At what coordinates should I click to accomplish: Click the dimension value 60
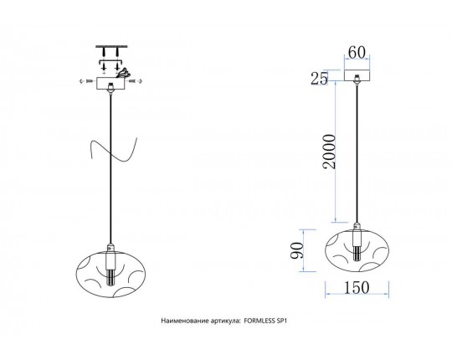click(x=357, y=52)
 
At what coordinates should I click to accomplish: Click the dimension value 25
click(x=319, y=78)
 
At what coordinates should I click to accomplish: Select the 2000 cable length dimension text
click(x=330, y=152)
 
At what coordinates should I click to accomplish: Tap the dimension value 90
click(x=297, y=251)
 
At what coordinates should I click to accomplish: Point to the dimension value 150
click(x=357, y=287)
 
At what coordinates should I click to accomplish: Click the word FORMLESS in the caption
click(x=259, y=321)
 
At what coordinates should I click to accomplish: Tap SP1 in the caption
click(x=281, y=321)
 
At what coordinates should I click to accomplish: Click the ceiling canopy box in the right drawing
click(x=357, y=75)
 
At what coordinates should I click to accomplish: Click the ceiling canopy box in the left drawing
click(x=110, y=83)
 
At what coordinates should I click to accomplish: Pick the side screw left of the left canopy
click(x=85, y=81)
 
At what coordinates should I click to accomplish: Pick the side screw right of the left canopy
click(x=136, y=81)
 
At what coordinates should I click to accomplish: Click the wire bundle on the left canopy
click(x=123, y=72)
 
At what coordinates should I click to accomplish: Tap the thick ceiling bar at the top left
click(x=110, y=46)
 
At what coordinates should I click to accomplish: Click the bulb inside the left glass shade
click(x=110, y=277)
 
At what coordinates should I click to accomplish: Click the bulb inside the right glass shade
click(x=357, y=253)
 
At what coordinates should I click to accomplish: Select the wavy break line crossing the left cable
click(x=112, y=150)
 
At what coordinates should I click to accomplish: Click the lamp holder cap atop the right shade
click(x=357, y=226)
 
